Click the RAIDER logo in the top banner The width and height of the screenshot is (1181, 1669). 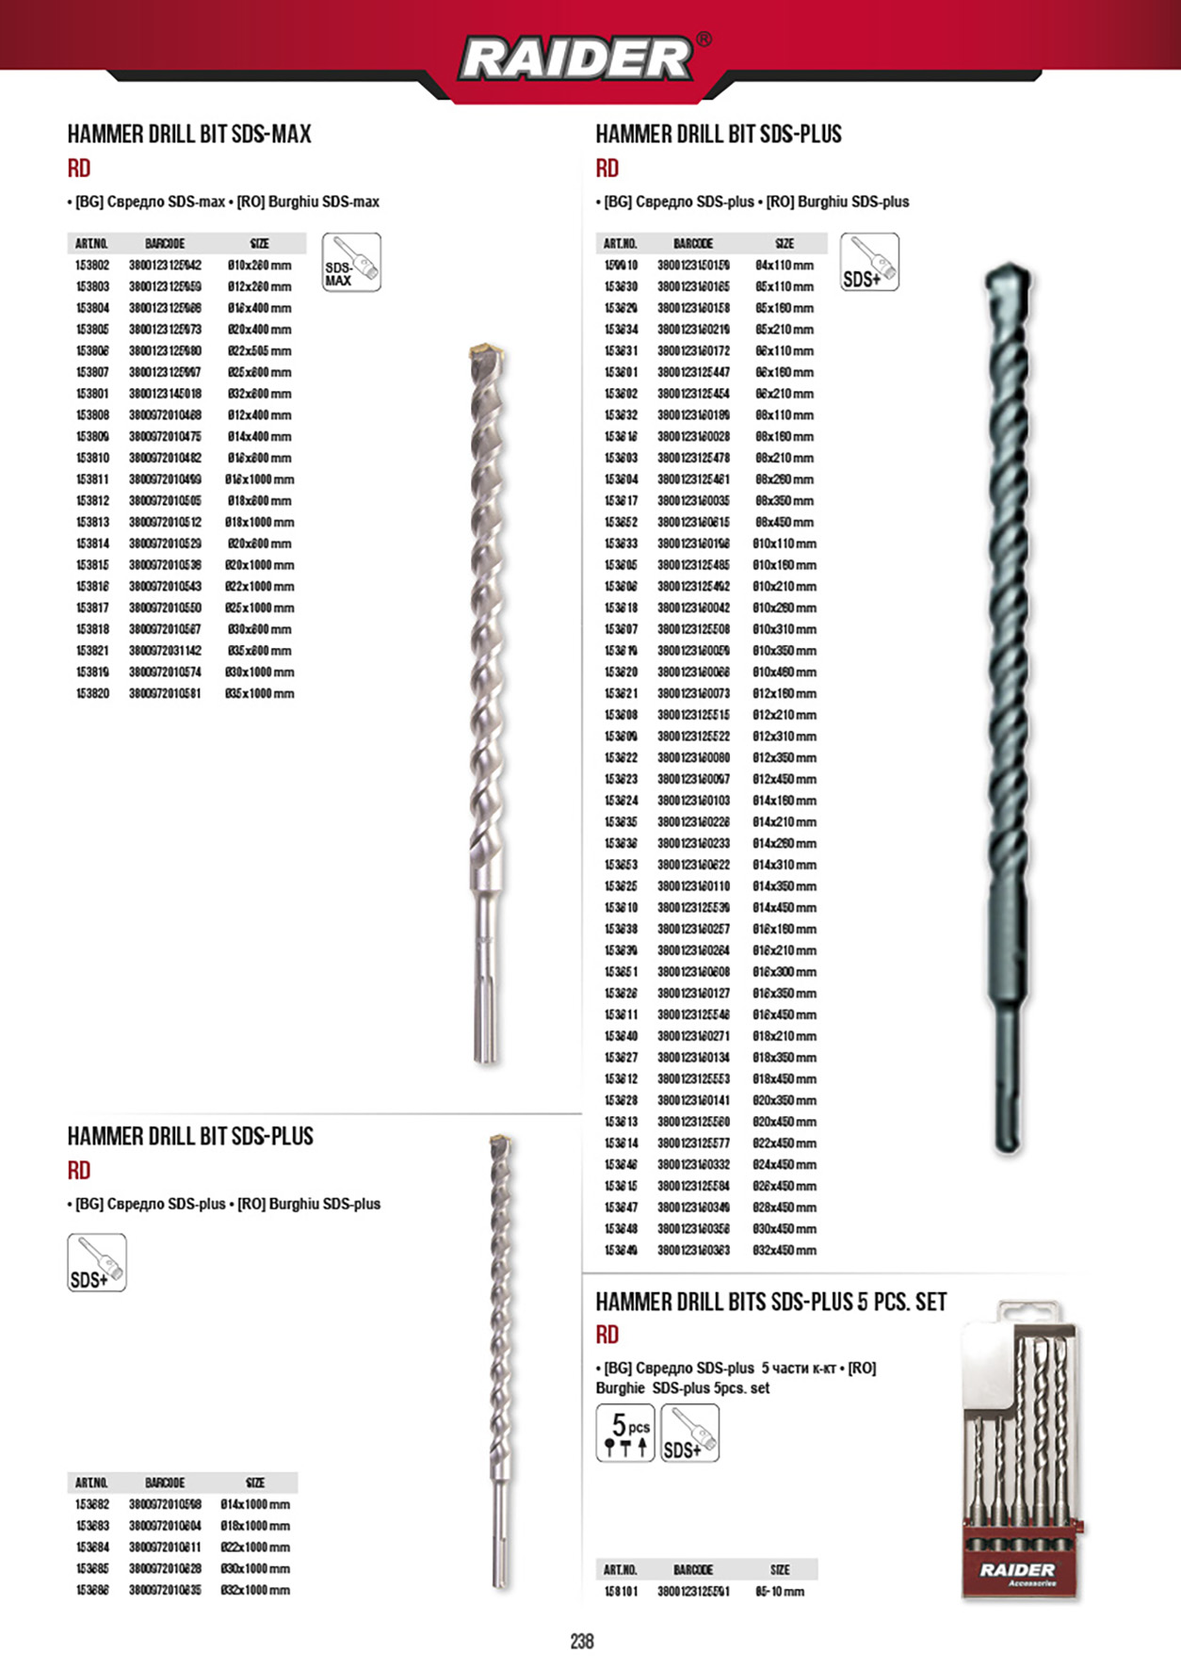pos(576,58)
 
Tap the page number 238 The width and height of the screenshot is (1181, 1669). pos(582,1641)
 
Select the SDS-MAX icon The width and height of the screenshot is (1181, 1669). pos(351,262)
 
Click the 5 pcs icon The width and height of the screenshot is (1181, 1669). pos(625,1433)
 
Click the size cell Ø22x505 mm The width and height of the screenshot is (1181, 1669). pos(259,350)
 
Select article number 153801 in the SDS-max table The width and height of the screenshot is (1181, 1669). pos(92,394)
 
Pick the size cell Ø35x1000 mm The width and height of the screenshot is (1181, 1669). pos(260,693)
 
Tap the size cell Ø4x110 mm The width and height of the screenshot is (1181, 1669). pos(785,266)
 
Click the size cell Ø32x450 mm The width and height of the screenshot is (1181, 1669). pos(785,1250)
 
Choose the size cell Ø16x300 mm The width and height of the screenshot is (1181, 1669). pos(785,972)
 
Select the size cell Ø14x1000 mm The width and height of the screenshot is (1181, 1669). pos(255,1504)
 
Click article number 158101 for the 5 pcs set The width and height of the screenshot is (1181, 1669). pos(621,1592)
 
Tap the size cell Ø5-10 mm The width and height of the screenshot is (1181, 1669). pos(780,1592)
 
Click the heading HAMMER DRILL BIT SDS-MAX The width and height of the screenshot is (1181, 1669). pos(189,135)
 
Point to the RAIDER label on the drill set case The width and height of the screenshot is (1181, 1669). pos(1018,1570)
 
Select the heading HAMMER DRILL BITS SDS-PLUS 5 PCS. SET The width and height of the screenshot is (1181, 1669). pos(770,1302)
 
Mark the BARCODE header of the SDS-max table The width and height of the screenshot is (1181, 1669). pos(165,244)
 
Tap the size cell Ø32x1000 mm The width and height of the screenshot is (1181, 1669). pos(255,1590)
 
